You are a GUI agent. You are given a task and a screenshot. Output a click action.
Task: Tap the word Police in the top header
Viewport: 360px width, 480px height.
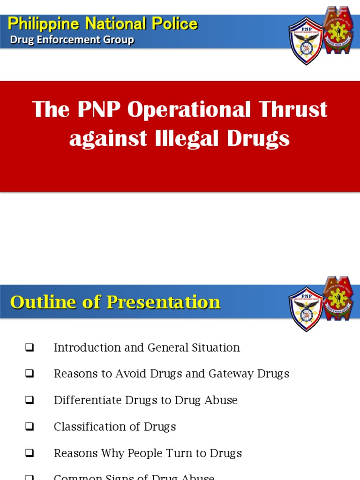coord(176,24)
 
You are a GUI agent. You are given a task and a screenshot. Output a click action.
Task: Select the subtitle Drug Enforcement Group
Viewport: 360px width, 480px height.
coord(72,40)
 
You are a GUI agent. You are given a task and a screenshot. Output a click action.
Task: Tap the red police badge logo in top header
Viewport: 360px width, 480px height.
coord(338,36)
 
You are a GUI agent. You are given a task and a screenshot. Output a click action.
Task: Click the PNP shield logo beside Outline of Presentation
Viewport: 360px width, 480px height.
coord(306,308)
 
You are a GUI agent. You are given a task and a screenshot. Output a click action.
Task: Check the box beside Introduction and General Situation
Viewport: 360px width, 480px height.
coord(30,348)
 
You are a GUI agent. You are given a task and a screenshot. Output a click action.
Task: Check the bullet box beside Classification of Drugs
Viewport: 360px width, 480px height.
coord(30,427)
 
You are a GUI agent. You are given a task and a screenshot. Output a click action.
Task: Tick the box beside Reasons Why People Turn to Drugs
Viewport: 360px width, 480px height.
coord(30,453)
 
